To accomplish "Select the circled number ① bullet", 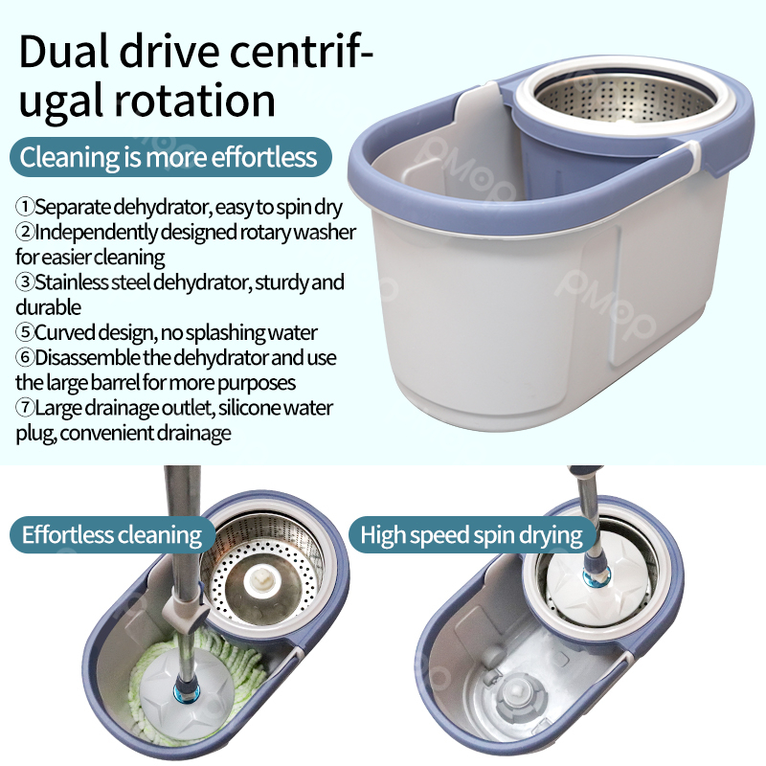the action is pyautogui.click(x=25, y=207).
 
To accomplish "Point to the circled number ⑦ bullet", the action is pyautogui.click(x=25, y=408).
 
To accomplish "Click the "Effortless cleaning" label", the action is pyautogui.click(x=112, y=534).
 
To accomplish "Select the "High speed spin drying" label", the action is pyautogui.click(x=471, y=534).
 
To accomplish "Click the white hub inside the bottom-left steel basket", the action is pyautogui.click(x=257, y=580).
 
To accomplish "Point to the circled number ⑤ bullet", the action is pyautogui.click(x=25, y=333).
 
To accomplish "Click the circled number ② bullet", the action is pyautogui.click(x=25, y=233).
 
